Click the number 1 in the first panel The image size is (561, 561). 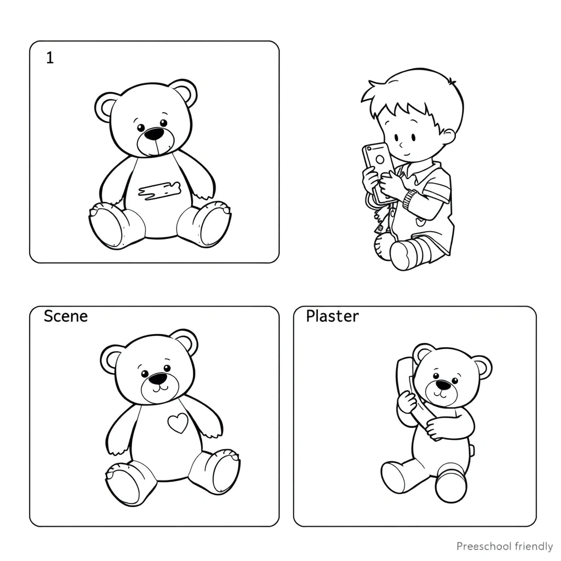(x=50, y=58)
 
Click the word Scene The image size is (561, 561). (x=66, y=316)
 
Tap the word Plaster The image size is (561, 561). (x=333, y=316)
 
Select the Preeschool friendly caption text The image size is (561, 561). (x=505, y=546)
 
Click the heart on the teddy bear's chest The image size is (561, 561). (x=178, y=422)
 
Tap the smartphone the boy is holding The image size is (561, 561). (x=377, y=168)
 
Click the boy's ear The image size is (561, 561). (x=449, y=136)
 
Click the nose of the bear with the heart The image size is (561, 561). (x=158, y=379)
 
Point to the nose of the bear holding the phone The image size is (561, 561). (x=444, y=385)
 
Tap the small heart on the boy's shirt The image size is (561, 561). (x=419, y=222)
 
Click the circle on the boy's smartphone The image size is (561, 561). (x=380, y=159)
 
